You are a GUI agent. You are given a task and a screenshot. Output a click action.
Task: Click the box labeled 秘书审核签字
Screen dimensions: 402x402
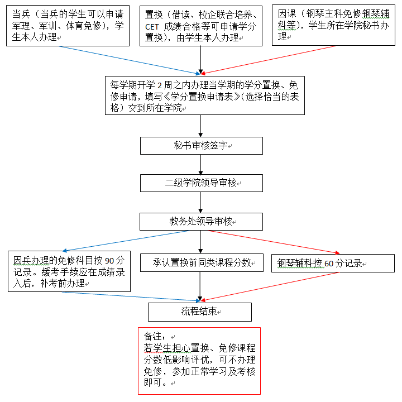tap(201, 146)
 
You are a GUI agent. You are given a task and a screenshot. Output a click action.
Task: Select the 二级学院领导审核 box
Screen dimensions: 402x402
tap(201, 183)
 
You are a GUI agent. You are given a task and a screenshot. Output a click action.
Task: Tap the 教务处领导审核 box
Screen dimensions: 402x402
tap(201, 222)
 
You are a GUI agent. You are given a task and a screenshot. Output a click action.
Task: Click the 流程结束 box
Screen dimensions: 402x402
tap(199, 312)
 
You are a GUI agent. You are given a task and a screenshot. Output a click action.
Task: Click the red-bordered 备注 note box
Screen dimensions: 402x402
tap(199, 360)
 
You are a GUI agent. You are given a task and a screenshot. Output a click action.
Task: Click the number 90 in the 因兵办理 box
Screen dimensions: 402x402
tap(110, 261)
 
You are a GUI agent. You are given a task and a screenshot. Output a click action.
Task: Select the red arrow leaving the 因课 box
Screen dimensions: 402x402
tap(268, 60)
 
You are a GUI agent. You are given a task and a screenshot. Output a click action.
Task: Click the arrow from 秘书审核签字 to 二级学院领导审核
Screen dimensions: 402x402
tap(201, 164)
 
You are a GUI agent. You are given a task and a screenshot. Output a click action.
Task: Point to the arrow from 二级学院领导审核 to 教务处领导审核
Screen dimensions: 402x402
tap(201, 202)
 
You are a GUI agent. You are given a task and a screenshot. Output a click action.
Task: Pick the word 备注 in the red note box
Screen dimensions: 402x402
tap(153, 337)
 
